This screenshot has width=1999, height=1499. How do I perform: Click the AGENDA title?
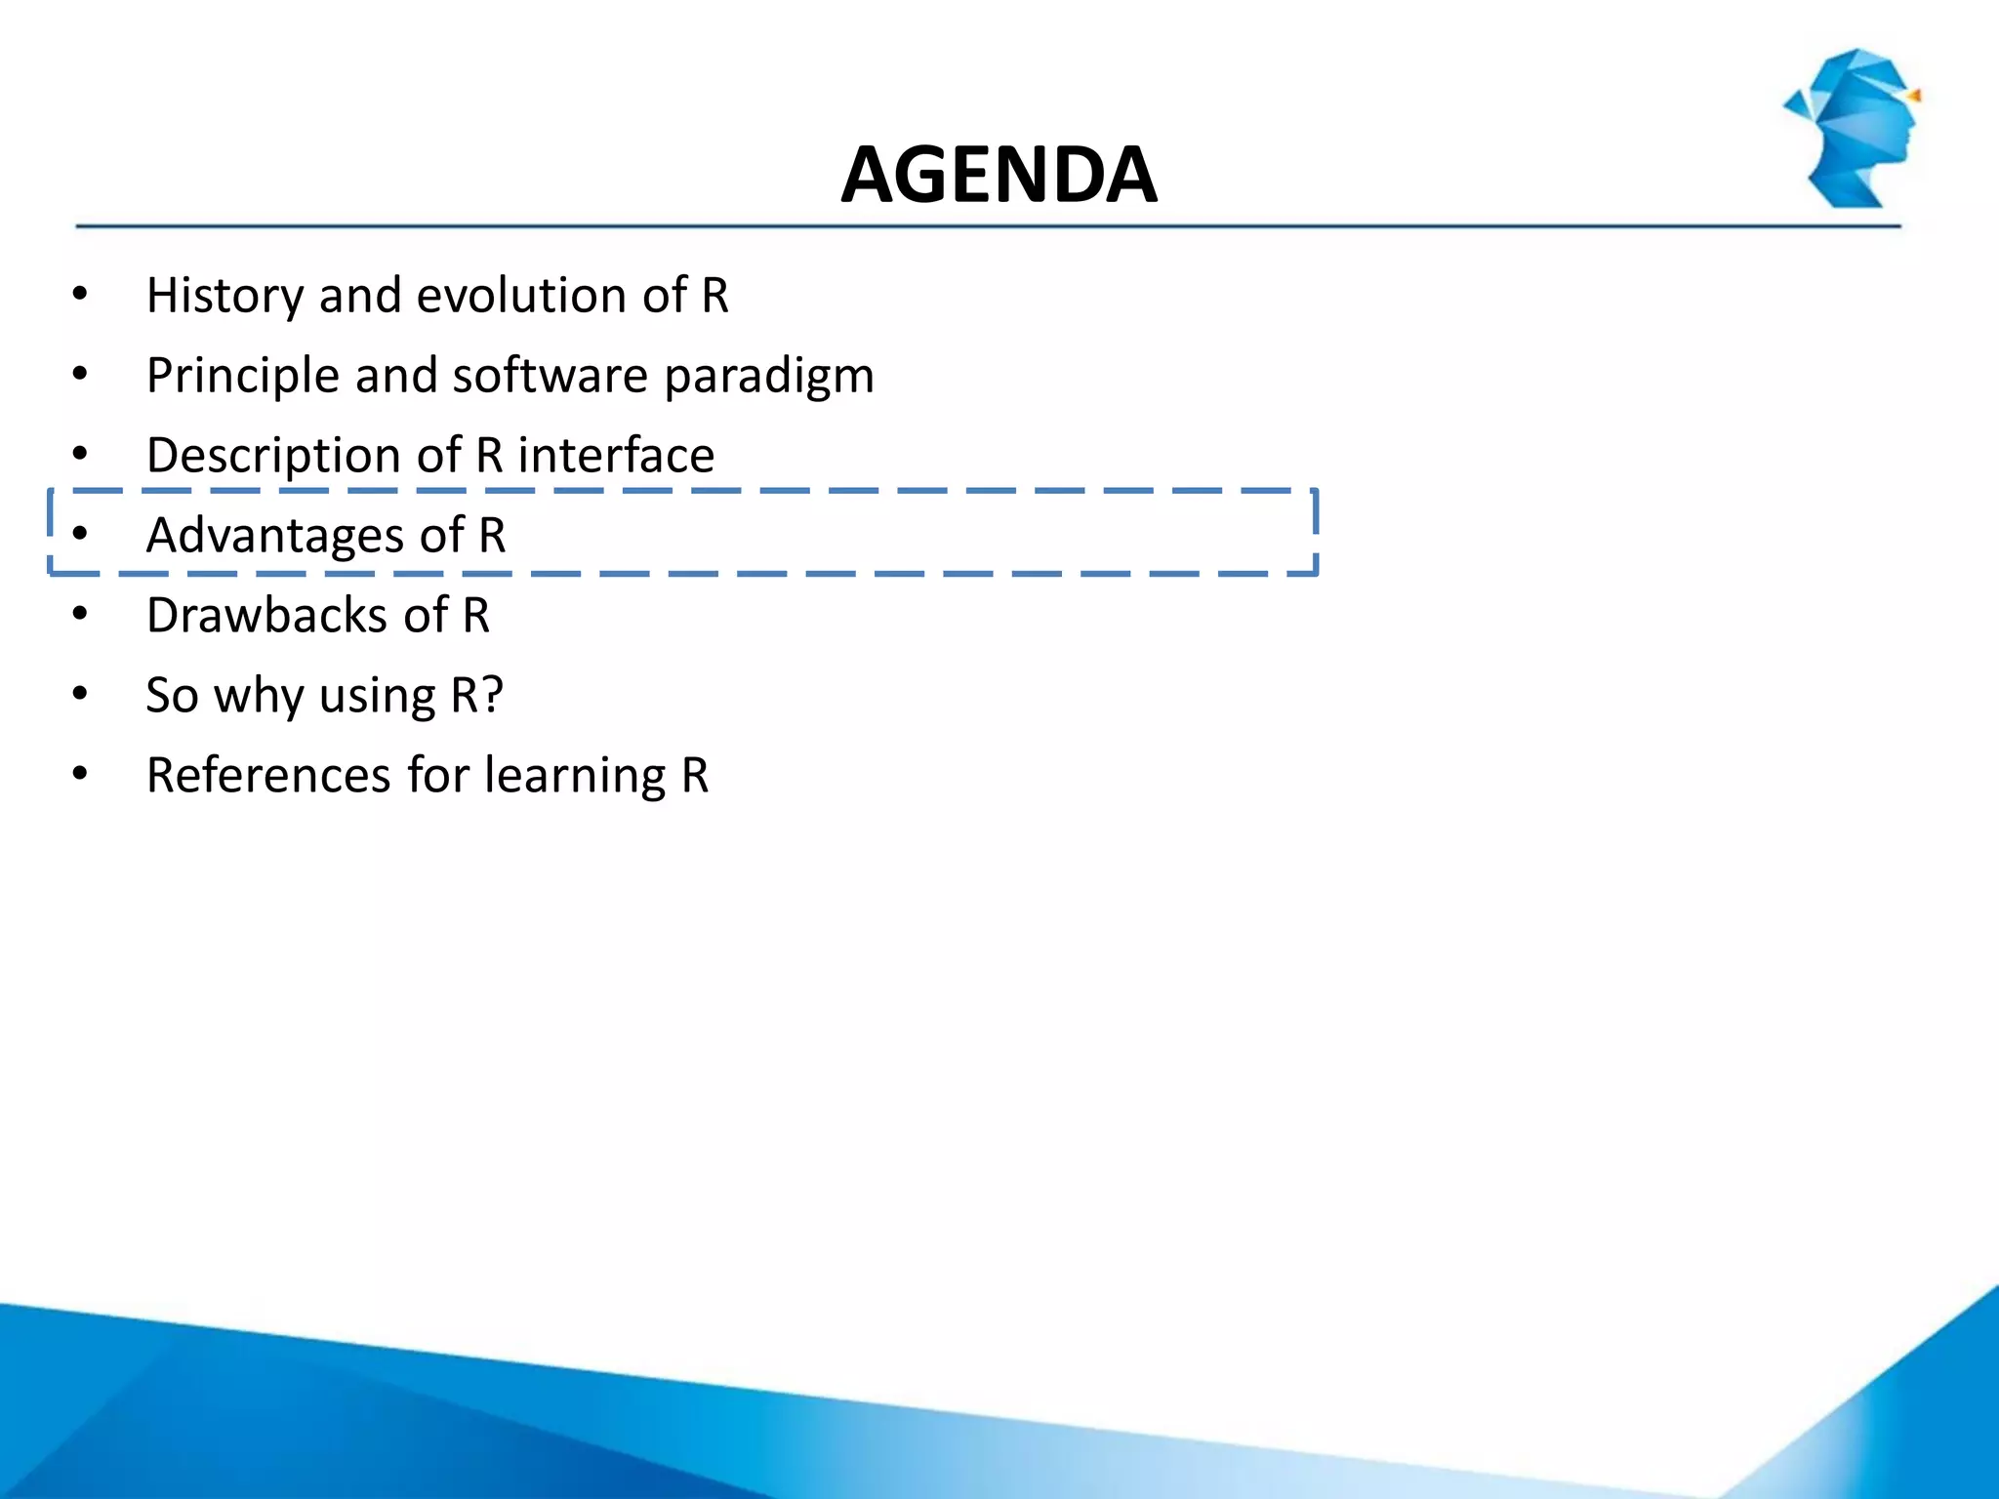(x=999, y=176)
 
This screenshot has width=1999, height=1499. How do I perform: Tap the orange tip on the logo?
(x=1915, y=96)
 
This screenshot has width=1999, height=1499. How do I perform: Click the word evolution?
(x=521, y=296)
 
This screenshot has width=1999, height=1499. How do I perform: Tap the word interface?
(x=616, y=456)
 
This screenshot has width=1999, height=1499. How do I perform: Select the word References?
(x=267, y=776)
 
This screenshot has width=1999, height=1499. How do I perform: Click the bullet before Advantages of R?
(x=80, y=534)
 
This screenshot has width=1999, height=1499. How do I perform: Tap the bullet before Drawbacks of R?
(x=80, y=614)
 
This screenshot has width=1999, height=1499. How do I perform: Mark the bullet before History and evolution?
(x=80, y=294)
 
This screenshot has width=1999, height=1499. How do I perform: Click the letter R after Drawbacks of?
(x=476, y=616)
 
